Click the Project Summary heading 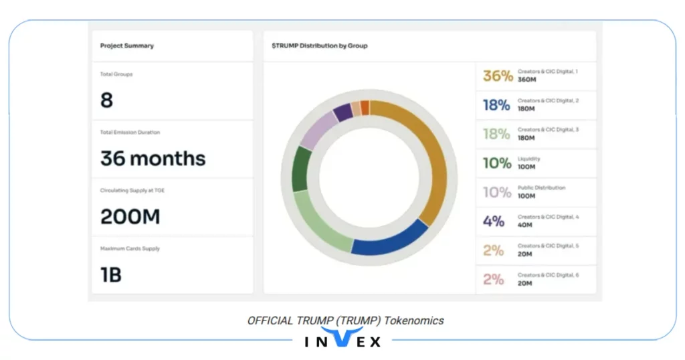[x=126, y=46]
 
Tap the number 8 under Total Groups [x=106, y=100]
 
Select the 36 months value [x=153, y=159]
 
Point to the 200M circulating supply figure [x=130, y=217]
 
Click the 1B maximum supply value [x=111, y=274]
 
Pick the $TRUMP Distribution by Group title [x=319, y=46]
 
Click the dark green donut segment [x=302, y=168]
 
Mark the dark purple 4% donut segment [x=342, y=112]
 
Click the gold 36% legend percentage [x=498, y=76]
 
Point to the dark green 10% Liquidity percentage [x=496, y=163]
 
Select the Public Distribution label [x=541, y=188]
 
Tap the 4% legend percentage [x=494, y=221]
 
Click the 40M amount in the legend [x=525, y=226]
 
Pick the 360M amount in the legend [x=527, y=80]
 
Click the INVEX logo [x=342, y=339]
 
